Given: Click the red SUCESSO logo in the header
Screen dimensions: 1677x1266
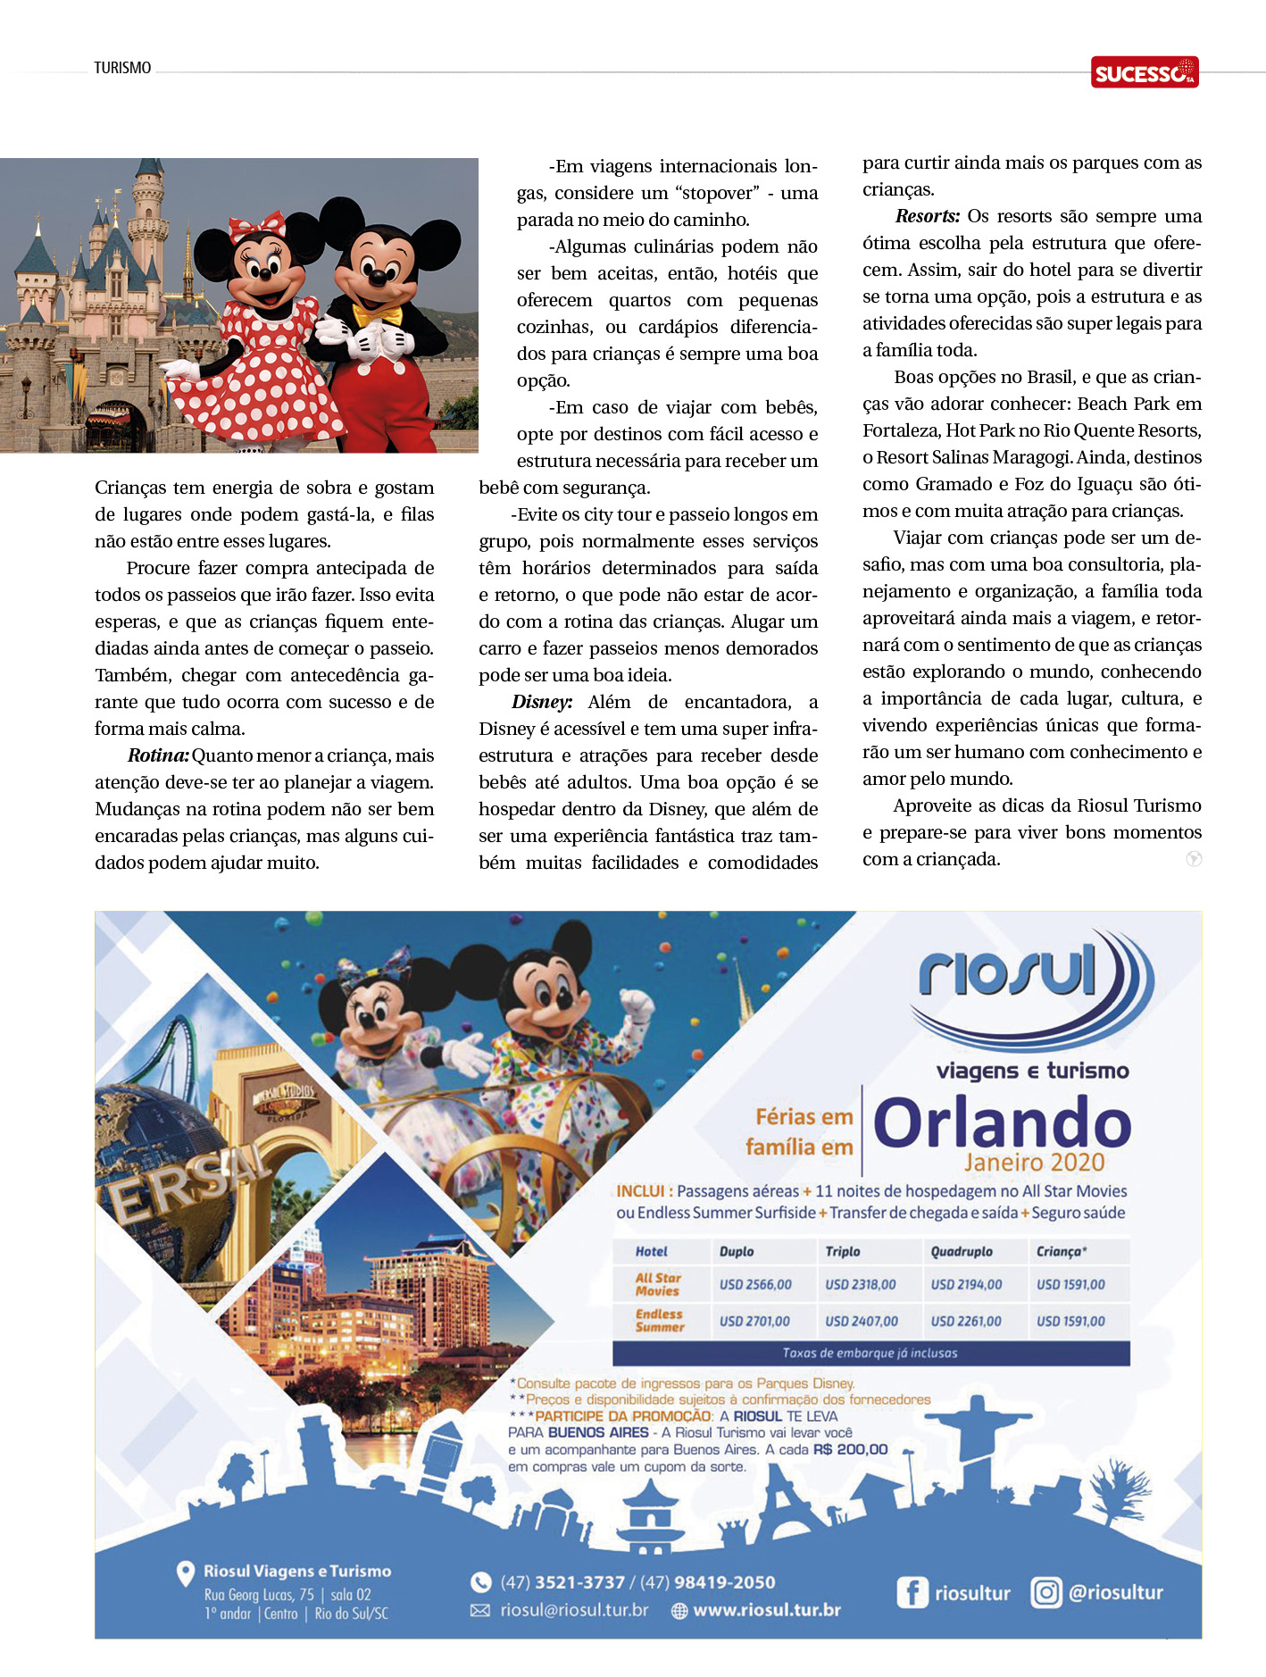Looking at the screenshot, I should pyautogui.click(x=1144, y=72).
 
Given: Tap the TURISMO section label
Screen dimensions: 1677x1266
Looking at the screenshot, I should pyautogui.click(x=122, y=68).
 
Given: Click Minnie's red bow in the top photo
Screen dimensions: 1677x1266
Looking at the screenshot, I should pyautogui.click(x=256, y=226).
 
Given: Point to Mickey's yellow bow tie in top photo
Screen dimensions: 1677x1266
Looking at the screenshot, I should pyautogui.click(x=378, y=315).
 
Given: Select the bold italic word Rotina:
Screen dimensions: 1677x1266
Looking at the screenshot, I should pyautogui.click(x=158, y=756).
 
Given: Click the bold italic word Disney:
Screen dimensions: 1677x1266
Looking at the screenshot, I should pyautogui.click(x=542, y=703).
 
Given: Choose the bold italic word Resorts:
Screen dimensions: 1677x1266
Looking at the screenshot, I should pyautogui.click(x=928, y=217).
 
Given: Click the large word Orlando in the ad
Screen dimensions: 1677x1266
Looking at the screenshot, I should pyautogui.click(x=1002, y=1123).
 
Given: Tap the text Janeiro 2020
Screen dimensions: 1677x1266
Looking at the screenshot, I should pyautogui.click(x=1034, y=1163).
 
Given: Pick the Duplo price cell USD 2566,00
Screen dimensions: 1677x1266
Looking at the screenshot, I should pyautogui.click(x=755, y=1285).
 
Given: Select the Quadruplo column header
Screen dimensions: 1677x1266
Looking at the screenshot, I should pyautogui.click(x=962, y=1252).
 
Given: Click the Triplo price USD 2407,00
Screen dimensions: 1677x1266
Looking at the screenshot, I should pyautogui.click(x=862, y=1322).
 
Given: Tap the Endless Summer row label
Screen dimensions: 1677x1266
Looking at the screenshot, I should pyautogui.click(x=660, y=1321).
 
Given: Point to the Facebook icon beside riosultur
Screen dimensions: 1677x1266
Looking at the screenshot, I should pyautogui.click(x=912, y=1593).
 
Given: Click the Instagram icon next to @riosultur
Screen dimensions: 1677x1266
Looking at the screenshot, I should pyautogui.click(x=1045, y=1592).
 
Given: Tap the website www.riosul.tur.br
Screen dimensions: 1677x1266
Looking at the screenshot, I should pyautogui.click(x=767, y=1611).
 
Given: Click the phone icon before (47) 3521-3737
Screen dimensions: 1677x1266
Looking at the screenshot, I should pyautogui.click(x=480, y=1582).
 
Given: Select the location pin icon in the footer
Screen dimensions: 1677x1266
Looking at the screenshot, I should pyautogui.click(x=186, y=1573).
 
